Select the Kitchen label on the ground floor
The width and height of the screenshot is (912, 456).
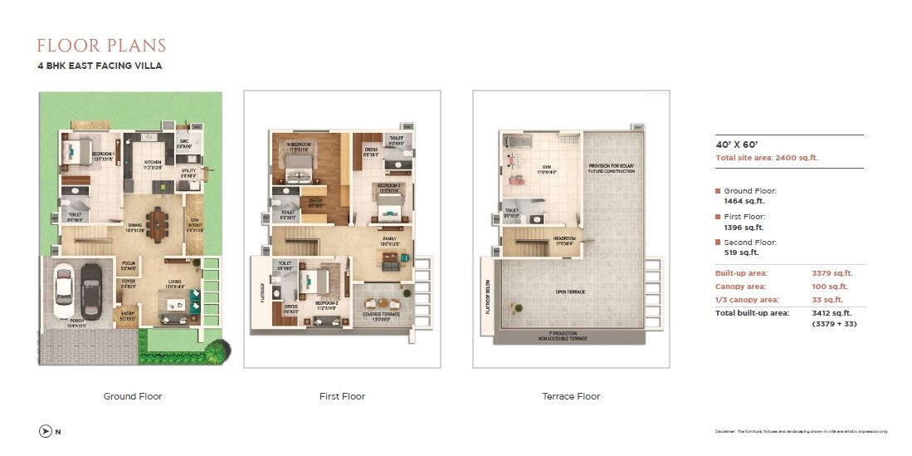pos(152,163)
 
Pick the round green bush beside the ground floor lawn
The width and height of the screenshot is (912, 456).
pos(212,352)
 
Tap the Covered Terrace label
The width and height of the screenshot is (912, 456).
pos(383,314)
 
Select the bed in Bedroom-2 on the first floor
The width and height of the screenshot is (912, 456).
pos(315,282)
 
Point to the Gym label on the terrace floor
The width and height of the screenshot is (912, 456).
pos(546,168)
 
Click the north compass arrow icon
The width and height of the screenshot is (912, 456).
pos(45,431)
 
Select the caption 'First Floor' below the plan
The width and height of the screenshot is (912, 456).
pos(342,396)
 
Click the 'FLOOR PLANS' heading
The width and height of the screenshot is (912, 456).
pos(101,46)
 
